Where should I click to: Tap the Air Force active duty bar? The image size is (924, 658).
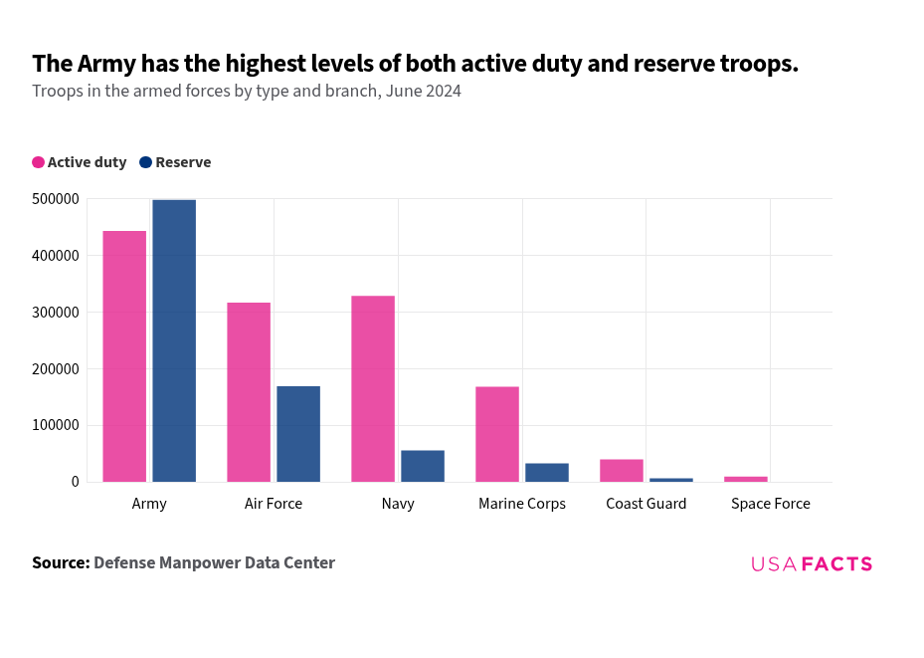(x=249, y=392)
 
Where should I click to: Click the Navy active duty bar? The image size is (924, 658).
(x=373, y=388)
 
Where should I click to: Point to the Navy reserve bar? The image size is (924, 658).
(x=423, y=466)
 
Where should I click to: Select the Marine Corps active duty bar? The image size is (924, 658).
(x=497, y=434)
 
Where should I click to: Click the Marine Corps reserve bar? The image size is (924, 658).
(x=547, y=473)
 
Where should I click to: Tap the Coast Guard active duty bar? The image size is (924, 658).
(x=622, y=471)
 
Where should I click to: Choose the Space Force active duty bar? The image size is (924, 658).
(x=746, y=479)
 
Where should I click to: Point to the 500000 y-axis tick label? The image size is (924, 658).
(x=55, y=199)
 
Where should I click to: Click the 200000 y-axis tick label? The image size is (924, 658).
(x=55, y=369)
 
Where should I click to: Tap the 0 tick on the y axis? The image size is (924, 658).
(x=75, y=482)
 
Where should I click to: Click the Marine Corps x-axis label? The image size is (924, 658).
(x=522, y=504)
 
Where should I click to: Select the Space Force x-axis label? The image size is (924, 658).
(x=771, y=504)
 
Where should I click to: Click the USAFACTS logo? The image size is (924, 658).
(x=812, y=564)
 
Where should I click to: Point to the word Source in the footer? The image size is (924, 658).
(x=61, y=562)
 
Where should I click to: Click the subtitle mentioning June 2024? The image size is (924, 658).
(x=247, y=92)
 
